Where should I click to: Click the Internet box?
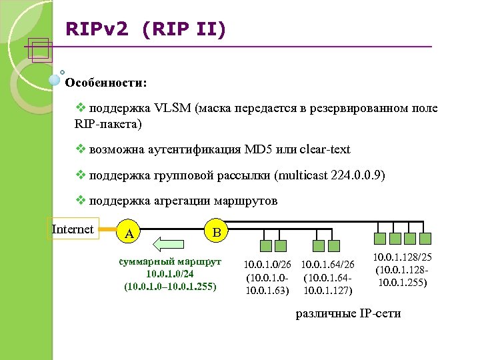click(x=72, y=229)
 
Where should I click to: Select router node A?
click(x=130, y=233)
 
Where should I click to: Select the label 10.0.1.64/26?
click(x=327, y=265)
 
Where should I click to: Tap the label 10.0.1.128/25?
click(x=403, y=257)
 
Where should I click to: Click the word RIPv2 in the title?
click(x=93, y=29)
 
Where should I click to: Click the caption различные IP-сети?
click(x=348, y=313)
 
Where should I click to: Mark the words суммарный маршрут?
click(x=170, y=262)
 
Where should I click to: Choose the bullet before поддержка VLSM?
click(x=81, y=108)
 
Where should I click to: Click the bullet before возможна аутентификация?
click(x=81, y=149)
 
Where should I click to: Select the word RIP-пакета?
click(x=107, y=123)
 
